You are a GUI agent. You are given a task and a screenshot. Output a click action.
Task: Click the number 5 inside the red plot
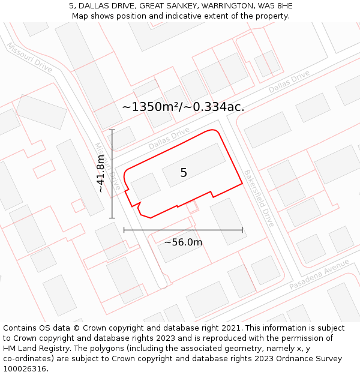[184, 173]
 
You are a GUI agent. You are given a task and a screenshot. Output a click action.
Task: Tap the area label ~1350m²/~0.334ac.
[183, 107]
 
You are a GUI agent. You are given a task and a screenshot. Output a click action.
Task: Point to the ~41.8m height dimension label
[101, 173]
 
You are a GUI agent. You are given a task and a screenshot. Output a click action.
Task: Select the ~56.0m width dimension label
[183, 242]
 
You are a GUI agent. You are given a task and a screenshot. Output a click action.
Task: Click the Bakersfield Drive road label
[259, 198]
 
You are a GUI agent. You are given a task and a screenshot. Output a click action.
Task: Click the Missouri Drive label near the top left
[29, 57]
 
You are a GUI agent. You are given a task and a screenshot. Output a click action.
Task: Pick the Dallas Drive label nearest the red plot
[169, 139]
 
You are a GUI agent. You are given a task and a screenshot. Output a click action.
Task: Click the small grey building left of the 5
[146, 186]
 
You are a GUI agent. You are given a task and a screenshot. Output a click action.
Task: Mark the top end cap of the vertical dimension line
[112, 130]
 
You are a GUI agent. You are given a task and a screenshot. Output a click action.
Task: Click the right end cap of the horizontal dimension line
[242, 229]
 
